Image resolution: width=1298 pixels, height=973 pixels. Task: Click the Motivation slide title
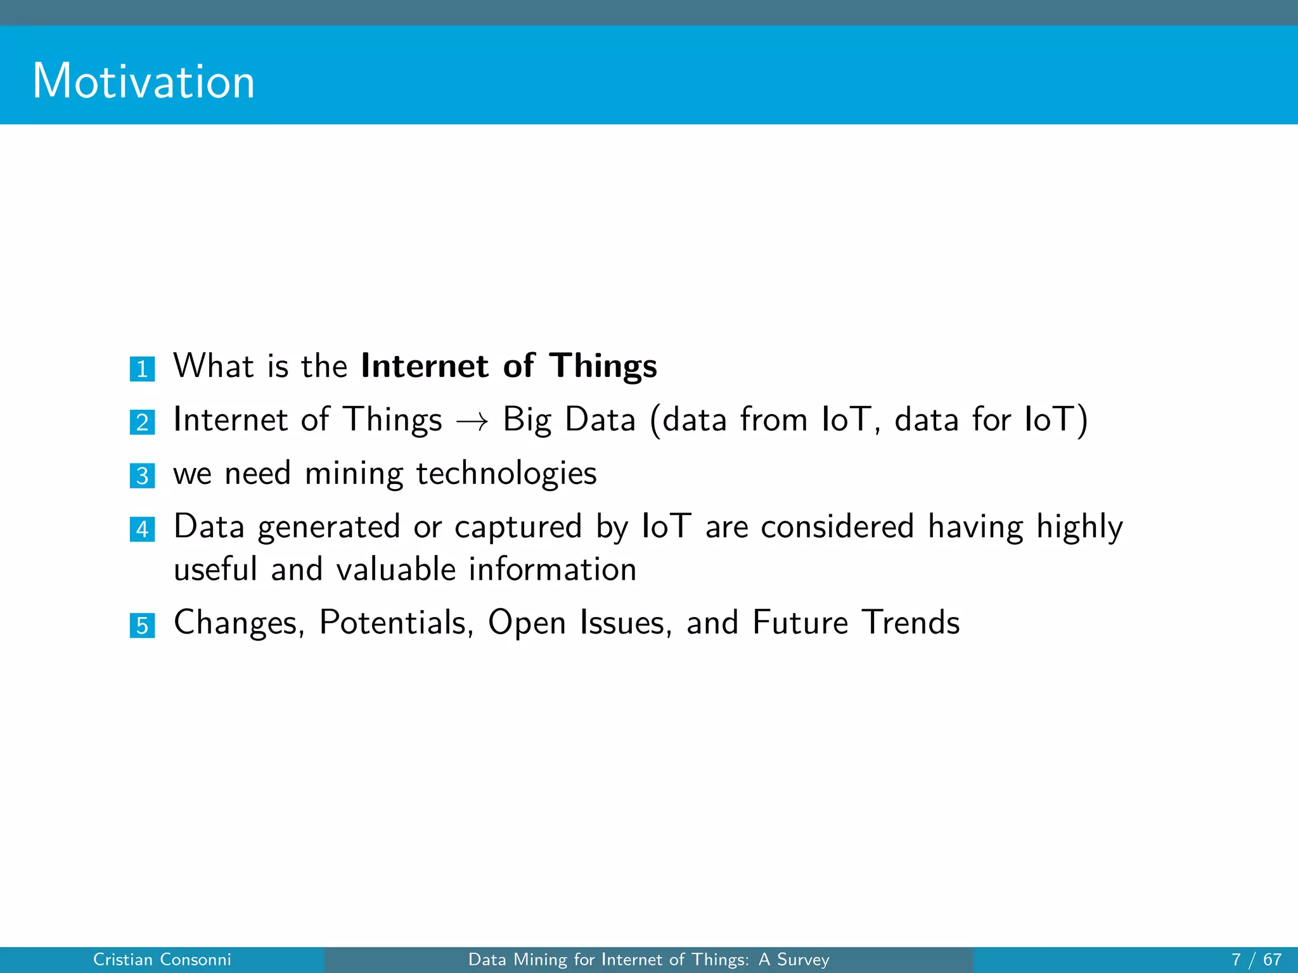(x=144, y=82)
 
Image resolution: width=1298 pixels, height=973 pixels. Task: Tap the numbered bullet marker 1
(x=142, y=369)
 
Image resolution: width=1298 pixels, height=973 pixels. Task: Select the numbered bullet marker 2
(x=142, y=422)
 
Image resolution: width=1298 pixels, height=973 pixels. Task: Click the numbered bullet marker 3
(x=142, y=475)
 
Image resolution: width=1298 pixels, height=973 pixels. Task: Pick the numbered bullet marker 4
(x=142, y=529)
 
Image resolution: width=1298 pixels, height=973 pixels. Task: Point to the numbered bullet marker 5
(x=142, y=625)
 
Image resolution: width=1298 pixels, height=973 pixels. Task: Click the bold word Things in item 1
(x=603, y=367)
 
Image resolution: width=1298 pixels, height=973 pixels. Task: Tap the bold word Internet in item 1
(x=425, y=366)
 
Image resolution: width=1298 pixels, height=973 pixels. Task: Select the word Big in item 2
(x=527, y=420)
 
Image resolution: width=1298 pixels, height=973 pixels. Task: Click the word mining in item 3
(x=354, y=474)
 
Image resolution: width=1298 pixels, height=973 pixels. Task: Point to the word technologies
(x=506, y=474)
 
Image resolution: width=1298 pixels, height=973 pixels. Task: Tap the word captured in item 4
(x=518, y=528)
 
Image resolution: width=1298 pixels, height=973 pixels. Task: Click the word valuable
(x=395, y=569)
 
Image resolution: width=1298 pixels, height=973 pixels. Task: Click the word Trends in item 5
(x=911, y=622)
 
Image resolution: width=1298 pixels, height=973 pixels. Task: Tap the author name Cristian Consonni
(x=162, y=960)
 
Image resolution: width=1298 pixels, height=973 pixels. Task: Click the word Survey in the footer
(x=803, y=960)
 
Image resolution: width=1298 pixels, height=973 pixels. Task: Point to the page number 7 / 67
(x=1256, y=960)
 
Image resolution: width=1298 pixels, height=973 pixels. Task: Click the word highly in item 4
(x=1079, y=528)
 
